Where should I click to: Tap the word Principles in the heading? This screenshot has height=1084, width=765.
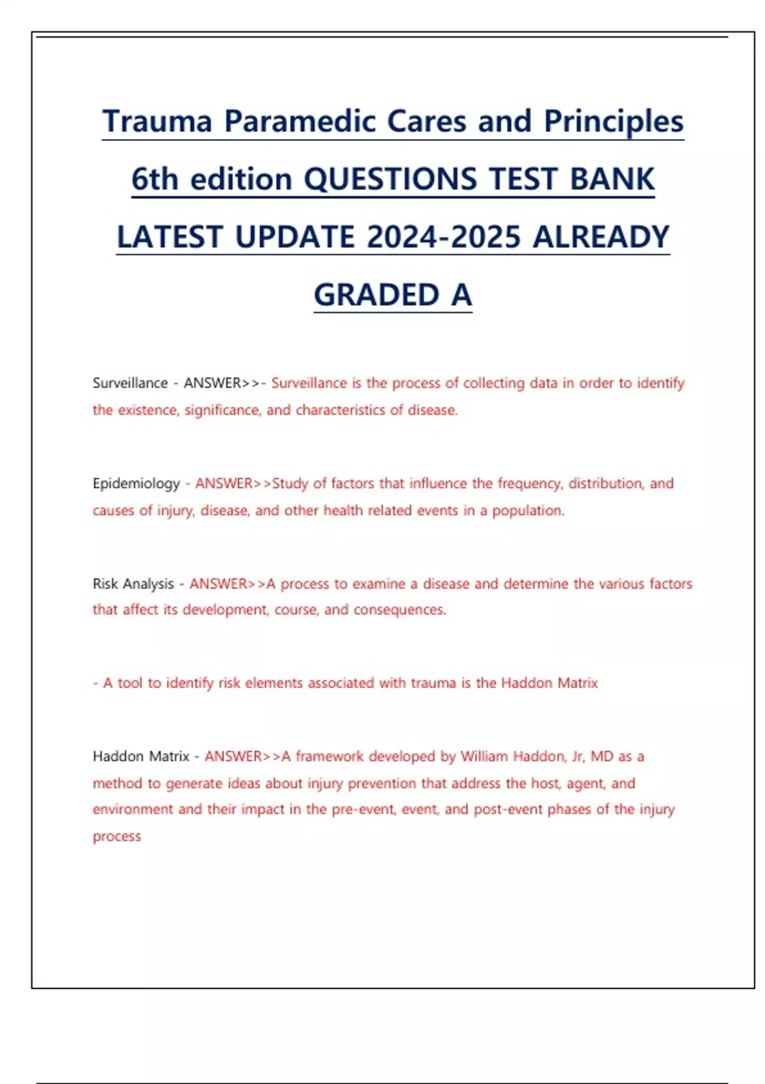613,121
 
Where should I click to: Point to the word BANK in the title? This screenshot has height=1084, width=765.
612,179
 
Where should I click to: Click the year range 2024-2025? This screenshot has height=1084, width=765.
444,237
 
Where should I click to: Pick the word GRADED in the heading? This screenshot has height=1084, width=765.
376,295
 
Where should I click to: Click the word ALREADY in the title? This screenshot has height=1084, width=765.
601,237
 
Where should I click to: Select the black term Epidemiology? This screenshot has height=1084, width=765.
136,484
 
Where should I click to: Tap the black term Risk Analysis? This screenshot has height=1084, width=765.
133,584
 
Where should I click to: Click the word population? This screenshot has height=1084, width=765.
528,511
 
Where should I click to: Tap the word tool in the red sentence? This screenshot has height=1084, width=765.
130,683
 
